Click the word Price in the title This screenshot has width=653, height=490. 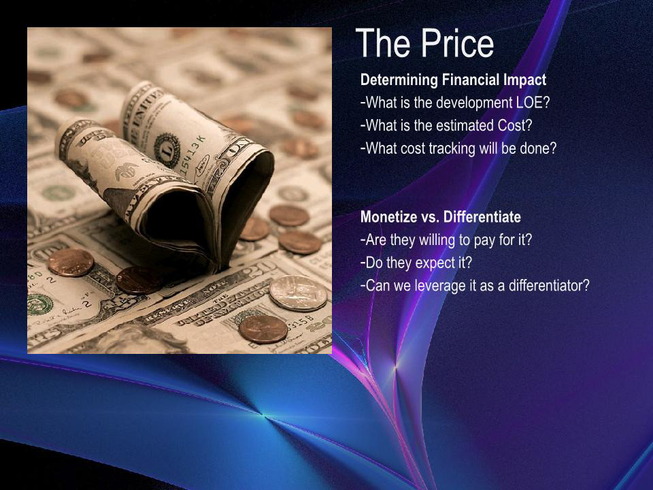pos(457,43)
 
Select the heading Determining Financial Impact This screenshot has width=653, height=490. pos(453,80)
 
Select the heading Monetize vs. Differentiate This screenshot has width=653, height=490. pos(441,216)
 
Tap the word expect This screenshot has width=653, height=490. pos(435,263)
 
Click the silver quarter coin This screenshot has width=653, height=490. pos(298,293)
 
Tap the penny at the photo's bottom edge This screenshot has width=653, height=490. pos(263,329)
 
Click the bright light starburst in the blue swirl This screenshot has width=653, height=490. pos(264,414)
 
